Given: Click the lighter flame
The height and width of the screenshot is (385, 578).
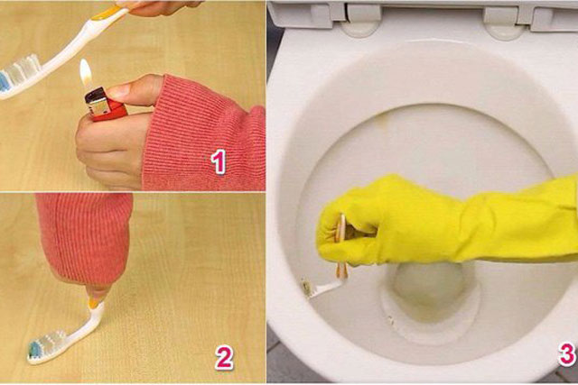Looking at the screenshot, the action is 86,72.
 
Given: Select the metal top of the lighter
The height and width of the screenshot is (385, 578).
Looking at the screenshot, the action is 98,101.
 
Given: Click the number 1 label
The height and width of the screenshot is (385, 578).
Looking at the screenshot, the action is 219,161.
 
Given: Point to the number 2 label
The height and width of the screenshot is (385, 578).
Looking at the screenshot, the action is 224,358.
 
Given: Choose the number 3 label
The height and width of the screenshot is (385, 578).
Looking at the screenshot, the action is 567,354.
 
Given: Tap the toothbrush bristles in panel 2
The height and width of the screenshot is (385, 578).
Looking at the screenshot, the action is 47,343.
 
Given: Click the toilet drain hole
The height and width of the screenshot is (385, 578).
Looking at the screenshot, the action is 428,284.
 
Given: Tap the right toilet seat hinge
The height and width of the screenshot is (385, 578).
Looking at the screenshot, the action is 504,22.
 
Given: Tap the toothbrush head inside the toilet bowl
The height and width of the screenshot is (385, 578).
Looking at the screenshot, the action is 308,287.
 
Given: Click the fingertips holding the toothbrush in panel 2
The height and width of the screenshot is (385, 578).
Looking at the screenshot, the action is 97,294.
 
